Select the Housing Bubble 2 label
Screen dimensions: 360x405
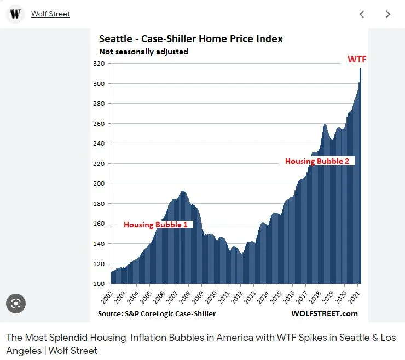317,161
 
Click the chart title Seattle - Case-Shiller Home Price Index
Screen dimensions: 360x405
190,39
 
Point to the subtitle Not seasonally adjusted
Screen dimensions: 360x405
143,52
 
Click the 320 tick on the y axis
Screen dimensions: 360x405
99,64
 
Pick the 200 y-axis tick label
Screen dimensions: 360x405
99,184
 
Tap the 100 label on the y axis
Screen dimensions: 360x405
99,284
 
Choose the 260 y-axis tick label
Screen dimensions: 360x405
99,124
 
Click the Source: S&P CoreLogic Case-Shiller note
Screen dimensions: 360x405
157,313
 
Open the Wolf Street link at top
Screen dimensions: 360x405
50,14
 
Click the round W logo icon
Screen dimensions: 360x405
15,14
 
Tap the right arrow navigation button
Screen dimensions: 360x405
388,14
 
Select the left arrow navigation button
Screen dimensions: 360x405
362,14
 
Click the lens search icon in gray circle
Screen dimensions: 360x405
16,304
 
